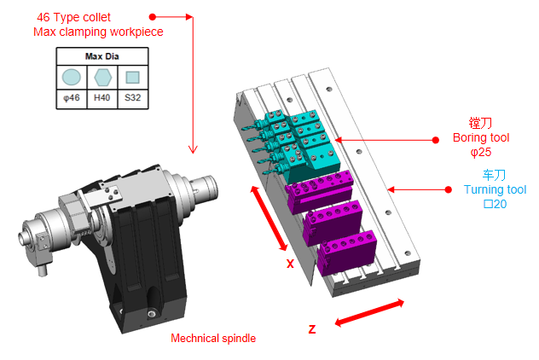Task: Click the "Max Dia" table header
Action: pyautogui.click(x=102, y=57)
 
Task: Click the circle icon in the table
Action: pyautogui.click(x=72, y=78)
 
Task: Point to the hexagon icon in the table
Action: pyautogui.click(x=102, y=78)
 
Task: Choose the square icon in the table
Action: pyautogui.click(x=133, y=78)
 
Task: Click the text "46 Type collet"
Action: pyautogui.click(x=74, y=17)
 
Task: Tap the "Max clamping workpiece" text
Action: pyautogui.click(x=98, y=32)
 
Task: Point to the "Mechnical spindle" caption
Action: pyautogui.click(x=213, y=338)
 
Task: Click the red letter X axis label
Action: pyautogui.click(x=290, y=264)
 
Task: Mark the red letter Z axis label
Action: pyautogui.click(x=312, y=330)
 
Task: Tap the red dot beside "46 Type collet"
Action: pyautogui.click(x=152, y=17)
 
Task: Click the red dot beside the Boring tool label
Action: pyautogui.click(x=434, y=139)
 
